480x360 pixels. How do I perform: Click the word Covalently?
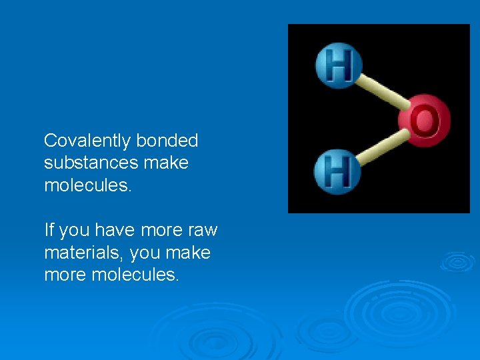87,141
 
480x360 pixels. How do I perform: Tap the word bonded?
167,141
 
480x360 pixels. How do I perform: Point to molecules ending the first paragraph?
88,185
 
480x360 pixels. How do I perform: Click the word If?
49,231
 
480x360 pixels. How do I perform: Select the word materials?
84,253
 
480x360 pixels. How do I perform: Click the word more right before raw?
160,231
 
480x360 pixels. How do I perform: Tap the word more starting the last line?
64,275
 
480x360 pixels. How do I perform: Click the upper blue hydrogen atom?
338,66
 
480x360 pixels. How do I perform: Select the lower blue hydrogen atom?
337,171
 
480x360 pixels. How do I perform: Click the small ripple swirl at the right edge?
457,261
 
